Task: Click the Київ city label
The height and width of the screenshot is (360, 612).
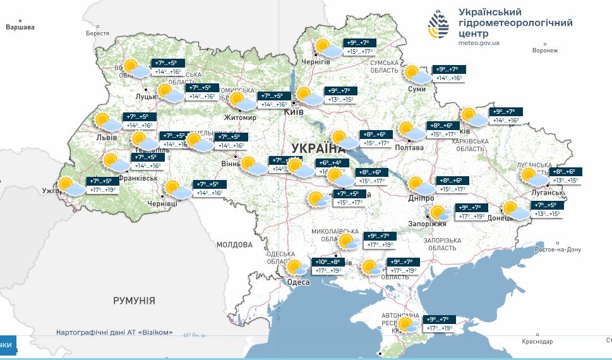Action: [294, 111]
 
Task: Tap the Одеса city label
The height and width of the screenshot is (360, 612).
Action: [298, 282]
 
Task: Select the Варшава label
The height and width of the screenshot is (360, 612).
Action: [20, 27]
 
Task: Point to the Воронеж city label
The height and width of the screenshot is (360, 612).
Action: [545, 51]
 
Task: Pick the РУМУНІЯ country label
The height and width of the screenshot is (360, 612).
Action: [134, 301]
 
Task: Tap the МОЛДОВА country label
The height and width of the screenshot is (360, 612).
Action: [234, 244]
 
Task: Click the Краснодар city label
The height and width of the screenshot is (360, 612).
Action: [537, 342]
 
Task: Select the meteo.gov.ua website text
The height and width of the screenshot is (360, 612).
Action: [479, 42]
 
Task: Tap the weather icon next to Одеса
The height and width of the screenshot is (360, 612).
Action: [295, 268]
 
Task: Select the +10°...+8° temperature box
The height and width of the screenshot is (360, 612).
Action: [328, 261]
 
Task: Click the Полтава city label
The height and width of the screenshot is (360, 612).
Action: [409, 147]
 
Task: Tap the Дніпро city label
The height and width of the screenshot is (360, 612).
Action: [421, 198]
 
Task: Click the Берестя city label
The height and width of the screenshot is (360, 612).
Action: [97, 33]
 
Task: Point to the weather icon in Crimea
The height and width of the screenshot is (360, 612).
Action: [407, 325]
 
